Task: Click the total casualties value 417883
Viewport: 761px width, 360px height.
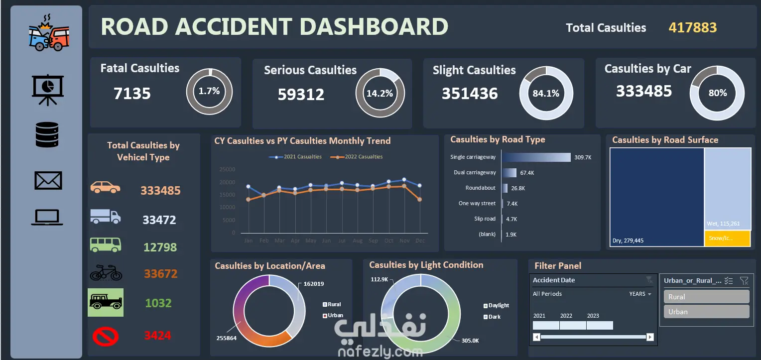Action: coord(692,27)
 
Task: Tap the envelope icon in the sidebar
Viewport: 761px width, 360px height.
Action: coord(48,180)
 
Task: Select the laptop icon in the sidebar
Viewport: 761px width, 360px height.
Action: coord(47,217)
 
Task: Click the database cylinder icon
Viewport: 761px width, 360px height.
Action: coord(47,134)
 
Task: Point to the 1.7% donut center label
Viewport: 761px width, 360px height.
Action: coord(209,91)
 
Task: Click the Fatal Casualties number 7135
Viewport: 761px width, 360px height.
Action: coord(132,93)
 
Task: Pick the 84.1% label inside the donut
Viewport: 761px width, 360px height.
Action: coord(546,93)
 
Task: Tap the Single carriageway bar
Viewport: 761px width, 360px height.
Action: coord(536,157)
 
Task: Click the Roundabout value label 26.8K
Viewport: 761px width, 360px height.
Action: coord(518,188)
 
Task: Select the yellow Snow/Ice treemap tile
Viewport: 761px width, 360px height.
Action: coord(727,238)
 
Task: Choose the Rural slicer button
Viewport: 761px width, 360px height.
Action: coord(706,297)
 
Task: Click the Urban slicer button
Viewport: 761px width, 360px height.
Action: coord(706,312)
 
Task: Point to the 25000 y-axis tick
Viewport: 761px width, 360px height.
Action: coord(227,169)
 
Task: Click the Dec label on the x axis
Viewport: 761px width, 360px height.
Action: coord(420,241)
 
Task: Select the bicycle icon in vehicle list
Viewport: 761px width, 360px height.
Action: coord(106,273)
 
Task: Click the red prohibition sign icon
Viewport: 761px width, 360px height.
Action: coord(106,336)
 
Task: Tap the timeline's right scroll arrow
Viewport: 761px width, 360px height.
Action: coord(649,337)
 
